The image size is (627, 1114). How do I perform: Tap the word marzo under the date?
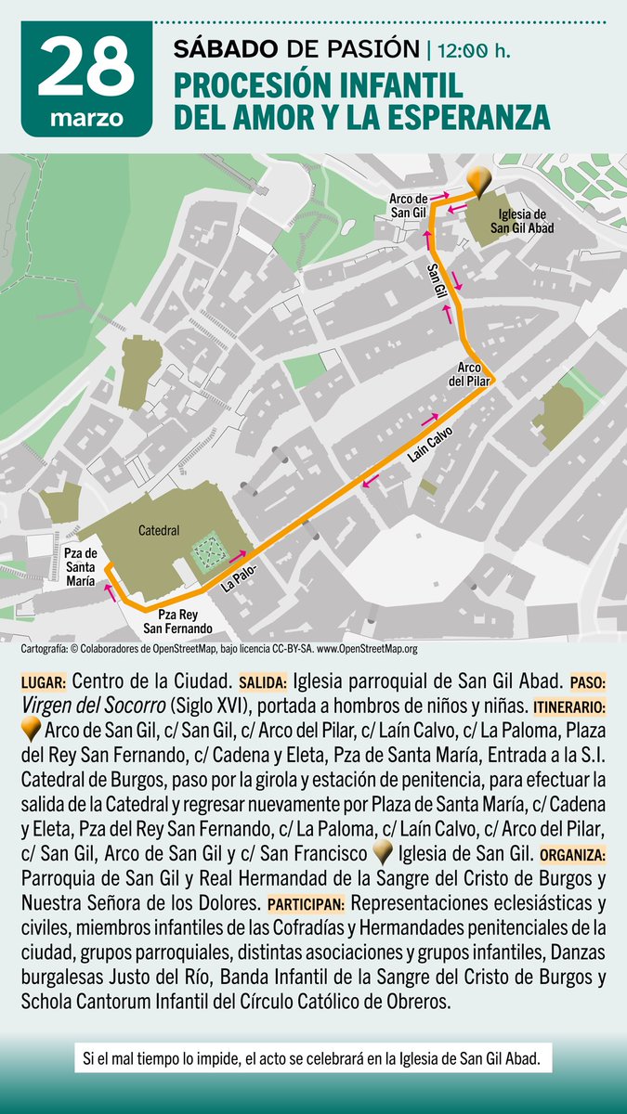[85, 119]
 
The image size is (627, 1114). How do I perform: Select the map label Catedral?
[158, 531]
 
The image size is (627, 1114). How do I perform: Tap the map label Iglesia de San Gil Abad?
[526, 220]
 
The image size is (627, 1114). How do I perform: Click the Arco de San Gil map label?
[408, 205]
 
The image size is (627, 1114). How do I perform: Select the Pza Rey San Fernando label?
[177, 621]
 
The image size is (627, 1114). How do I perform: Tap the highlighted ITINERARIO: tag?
[568, 706]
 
